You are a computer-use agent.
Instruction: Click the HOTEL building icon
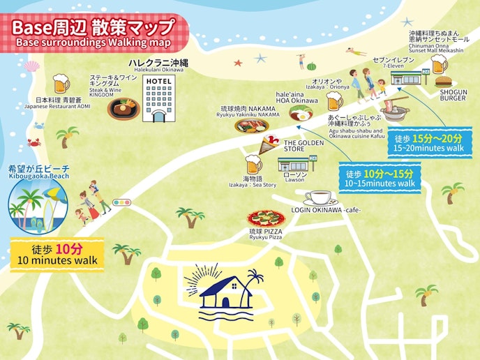click(x=156, y=99)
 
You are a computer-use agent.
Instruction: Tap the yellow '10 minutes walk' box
click(x=57, y=255)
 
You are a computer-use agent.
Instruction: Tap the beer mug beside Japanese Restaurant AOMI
click(x=61, y=84)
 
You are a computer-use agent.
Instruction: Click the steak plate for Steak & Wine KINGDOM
click(x=123, y=108)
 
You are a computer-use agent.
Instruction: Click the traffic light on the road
click(x=122, y=202)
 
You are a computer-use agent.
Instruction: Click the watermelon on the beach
click(x=311, y=67)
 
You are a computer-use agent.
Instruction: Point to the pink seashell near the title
click(x=31, y=66)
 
